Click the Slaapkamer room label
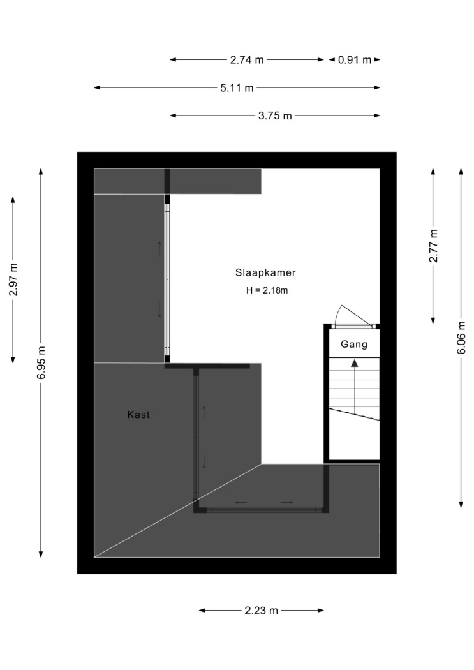pyautogui.click(x=265, y=272)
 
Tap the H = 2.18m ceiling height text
pyautogui.click(x=267, y=290)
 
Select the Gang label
pyautogui.click(x=354, y=344)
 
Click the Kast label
pyautogui.click(x=138, y=415)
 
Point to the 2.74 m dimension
pyautogui.click(x=248, y=60)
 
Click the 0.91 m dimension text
pyautogui.click(x=355, y=60)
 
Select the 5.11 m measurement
pyautogui.click(x=237, y=88)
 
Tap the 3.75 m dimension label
pyautogui.click(x=275, y=115)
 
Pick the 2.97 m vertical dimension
pyautogui.click(x=13, y=280)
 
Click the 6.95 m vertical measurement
pyautogui.click(x=41, y=362)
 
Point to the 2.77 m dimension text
pyautogui.click(x=433, y=246)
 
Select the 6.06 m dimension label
pyautogui.click(x=461, y=338)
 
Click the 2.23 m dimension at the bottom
pyautogui.click(x=262, y=611)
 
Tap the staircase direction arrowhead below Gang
pyautogui.click(x=355, y=363)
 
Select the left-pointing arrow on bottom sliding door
pyautogui.click(x=241, y=502)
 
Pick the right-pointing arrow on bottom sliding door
pyautogui.click(x=287, y=502)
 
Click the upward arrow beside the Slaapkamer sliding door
pyautogui.click(x=159, y=249)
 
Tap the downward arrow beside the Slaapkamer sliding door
pyautogui.click(x=159, y=309)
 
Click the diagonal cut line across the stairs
pyautogui.click(x=354, y=415)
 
